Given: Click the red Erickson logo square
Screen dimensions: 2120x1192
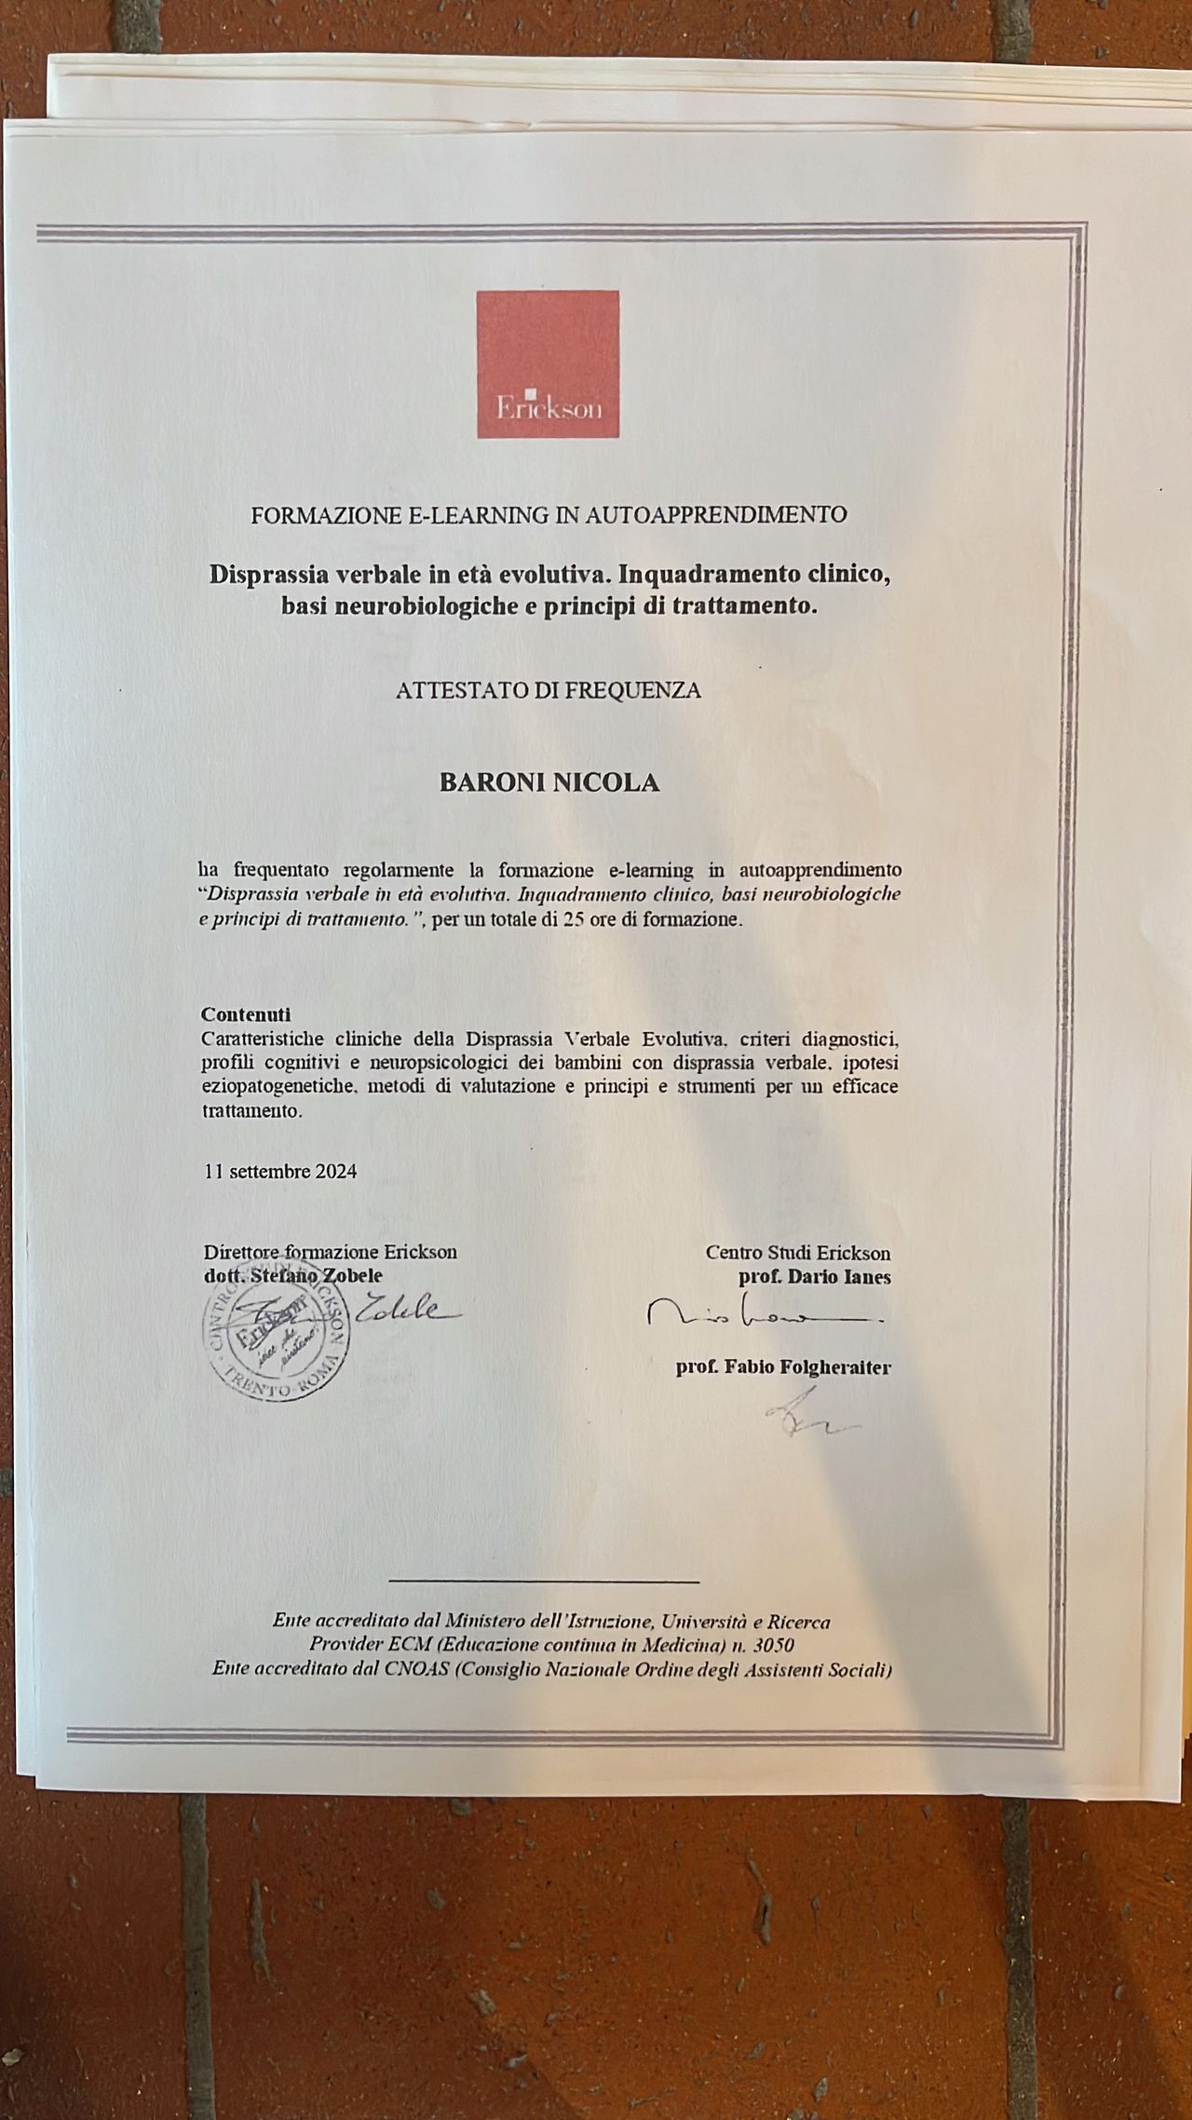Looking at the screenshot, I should (548, 363).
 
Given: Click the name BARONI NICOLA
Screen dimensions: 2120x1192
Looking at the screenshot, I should (549, 782).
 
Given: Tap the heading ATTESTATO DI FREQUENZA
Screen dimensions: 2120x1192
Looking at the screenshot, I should (548, 690).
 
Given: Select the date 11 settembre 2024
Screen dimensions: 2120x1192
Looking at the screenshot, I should (280, 1171).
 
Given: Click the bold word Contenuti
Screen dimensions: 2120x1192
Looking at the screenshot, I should (246, 1013).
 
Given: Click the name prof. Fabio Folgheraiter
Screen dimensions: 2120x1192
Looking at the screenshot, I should (783, 1367).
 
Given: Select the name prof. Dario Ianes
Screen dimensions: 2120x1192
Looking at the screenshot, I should (814, 1277).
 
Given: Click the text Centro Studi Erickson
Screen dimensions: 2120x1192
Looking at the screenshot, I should (797, 1253).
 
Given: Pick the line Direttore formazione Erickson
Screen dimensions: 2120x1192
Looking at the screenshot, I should (330, 1252).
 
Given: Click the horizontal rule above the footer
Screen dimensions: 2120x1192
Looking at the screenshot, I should (543, 1582).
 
